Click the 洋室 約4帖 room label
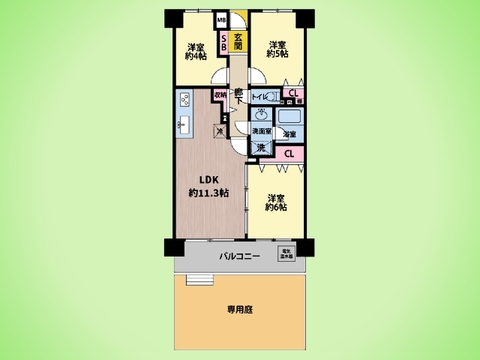coord(195,52)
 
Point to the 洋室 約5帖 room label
coord(277,49)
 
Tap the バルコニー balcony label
coord(239,257)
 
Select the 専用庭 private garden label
coord(239,311)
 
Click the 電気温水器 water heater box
coord(285,253)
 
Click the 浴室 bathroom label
coord(288,133)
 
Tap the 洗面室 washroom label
coord(261,132)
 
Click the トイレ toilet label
coord(261,96)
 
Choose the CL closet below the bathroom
coord(288,153)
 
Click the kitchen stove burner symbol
coord(185,100)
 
